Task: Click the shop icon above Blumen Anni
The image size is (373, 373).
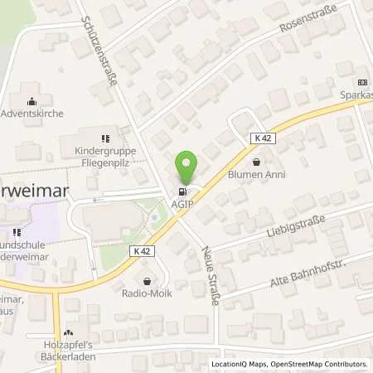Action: click(256, 162)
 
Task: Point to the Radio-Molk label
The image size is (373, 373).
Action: click(147, 293)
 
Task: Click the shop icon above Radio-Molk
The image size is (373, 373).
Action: click(147, 281)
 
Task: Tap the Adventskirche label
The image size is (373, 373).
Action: click(31, 113)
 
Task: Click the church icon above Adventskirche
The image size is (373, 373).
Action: click(31, 100)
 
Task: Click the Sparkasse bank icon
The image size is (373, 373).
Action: click(360, 82)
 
